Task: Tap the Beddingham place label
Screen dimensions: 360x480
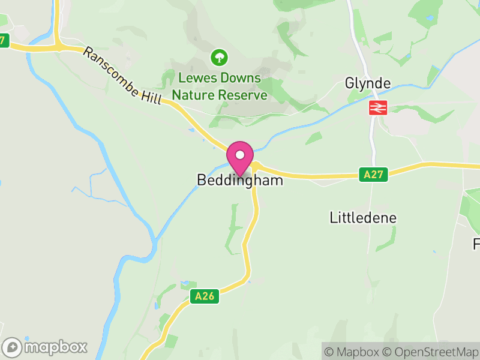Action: [x=240, y=180]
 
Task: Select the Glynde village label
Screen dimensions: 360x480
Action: [x=368, y=83]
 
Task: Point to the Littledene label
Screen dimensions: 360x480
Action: [x=363, y=217]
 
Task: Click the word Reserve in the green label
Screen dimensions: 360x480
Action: [x=242, y=95]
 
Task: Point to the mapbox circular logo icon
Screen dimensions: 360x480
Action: [x=13, y=347]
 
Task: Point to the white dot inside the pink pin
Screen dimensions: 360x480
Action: [x=240, y=154]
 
